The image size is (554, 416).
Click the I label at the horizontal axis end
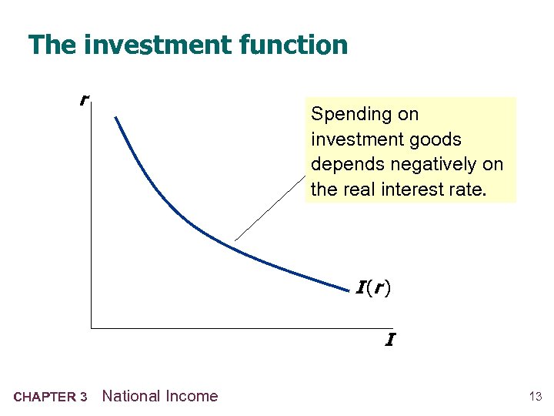(x=390, y=340)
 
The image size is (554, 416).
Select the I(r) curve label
(x=373, y=289)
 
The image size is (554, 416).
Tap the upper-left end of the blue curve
(x=115, y=117)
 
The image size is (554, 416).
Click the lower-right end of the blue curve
(x=348, y=290)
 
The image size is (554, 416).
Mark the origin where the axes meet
(x=91, y=328)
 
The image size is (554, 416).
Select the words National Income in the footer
(x=160, y=396)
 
